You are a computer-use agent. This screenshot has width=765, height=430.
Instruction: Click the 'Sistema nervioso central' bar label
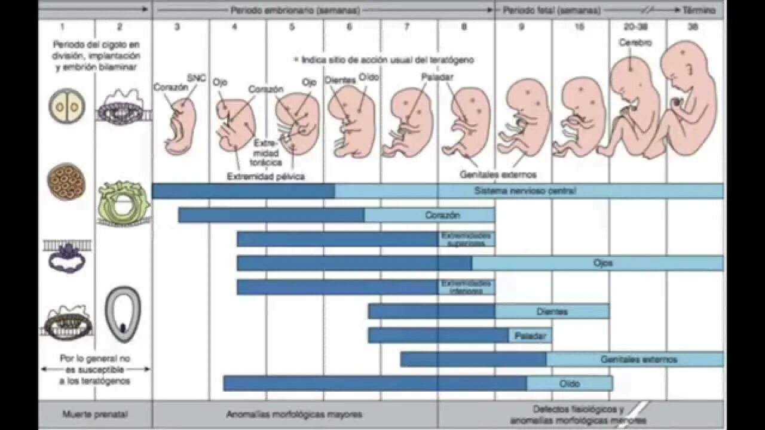point(525,191)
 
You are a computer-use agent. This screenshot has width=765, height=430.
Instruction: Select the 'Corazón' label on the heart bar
point(443,215)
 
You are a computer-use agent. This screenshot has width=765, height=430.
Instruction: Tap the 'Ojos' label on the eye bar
point(603,263)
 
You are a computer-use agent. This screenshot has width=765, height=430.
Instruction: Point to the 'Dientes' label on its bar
point(552,311)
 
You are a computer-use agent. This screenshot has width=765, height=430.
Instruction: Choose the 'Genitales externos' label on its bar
point(639,360)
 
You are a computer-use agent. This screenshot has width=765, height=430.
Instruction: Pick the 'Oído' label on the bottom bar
point(570,383)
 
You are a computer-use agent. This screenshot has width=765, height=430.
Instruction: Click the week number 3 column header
point(178,27)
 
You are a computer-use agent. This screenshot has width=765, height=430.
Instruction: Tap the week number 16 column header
point(579,27)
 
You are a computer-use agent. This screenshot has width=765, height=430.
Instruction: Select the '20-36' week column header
point(637,27)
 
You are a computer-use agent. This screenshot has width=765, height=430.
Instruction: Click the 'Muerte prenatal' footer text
point(95,414)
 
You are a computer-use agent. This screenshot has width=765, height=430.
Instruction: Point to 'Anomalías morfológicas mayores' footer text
point(294,414)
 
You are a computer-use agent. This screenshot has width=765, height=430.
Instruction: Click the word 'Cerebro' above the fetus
point(635,43)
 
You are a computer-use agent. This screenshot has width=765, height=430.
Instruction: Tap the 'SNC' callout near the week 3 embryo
point(196,78)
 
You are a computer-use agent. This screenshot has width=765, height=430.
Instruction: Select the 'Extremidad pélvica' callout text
point(265,176)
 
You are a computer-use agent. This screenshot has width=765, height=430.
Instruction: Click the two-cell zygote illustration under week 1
point(66,106)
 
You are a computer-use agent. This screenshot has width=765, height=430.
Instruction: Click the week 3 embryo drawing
point(180,127)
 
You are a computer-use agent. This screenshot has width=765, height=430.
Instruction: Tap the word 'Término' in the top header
point(699,10)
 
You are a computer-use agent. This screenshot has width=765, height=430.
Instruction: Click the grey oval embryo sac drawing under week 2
point(123,314)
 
